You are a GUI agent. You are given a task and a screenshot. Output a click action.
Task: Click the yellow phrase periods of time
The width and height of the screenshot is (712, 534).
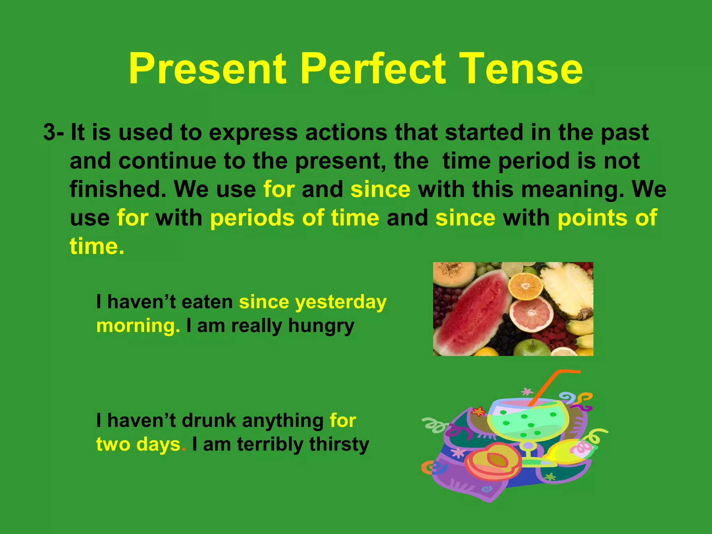(294, 218)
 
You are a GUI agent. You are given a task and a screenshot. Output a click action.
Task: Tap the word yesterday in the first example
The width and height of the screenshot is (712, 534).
(341, 302)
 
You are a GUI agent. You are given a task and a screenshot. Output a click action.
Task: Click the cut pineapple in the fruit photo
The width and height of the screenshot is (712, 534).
(568, 292)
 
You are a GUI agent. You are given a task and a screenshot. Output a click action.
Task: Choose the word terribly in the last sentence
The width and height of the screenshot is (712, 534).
(270, 445)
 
